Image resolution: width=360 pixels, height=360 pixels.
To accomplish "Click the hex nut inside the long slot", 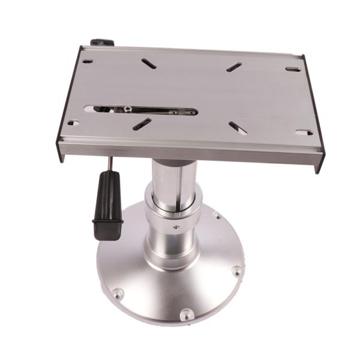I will click(x=127, y=109).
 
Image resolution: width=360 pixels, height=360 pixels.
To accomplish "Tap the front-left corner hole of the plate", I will click(x=73, y=123).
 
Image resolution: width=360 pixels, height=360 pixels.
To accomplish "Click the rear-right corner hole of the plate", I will click(x=293, y=70).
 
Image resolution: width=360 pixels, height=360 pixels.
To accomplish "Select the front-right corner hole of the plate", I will click(x=304, y=132).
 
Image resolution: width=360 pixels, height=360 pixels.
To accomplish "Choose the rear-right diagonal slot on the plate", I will click(x=234, y=67).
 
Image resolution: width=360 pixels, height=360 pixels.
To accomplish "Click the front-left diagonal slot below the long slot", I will click(x=142, y=124).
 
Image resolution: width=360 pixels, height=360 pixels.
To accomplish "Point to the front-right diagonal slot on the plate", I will click(x=236, y=128).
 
